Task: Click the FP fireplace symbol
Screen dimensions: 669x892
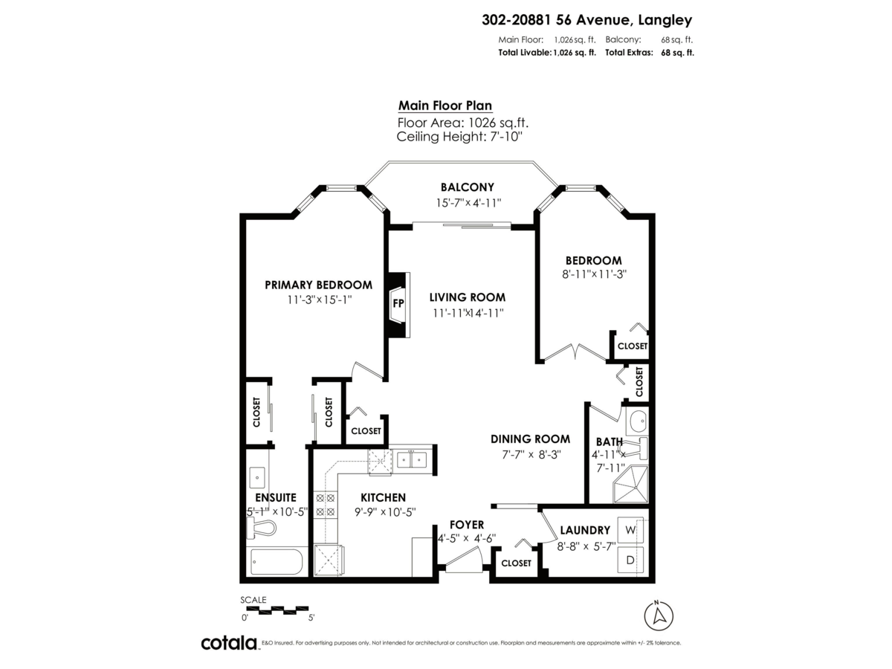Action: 398,303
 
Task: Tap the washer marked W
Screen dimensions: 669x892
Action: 630,530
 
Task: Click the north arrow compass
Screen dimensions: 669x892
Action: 657,616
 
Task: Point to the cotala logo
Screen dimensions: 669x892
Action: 229,643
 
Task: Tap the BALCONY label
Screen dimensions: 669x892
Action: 467,187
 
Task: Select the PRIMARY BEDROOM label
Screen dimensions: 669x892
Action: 318,285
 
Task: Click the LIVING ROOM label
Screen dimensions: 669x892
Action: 467,297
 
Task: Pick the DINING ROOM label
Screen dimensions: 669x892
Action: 530,439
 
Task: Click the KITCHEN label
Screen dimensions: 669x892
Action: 383,497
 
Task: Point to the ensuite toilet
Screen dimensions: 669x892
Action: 261,529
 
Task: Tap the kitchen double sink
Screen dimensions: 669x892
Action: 410,460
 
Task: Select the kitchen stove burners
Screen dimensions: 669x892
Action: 325,505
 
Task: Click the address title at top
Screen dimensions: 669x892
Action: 587,21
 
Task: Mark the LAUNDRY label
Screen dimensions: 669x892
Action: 585,530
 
